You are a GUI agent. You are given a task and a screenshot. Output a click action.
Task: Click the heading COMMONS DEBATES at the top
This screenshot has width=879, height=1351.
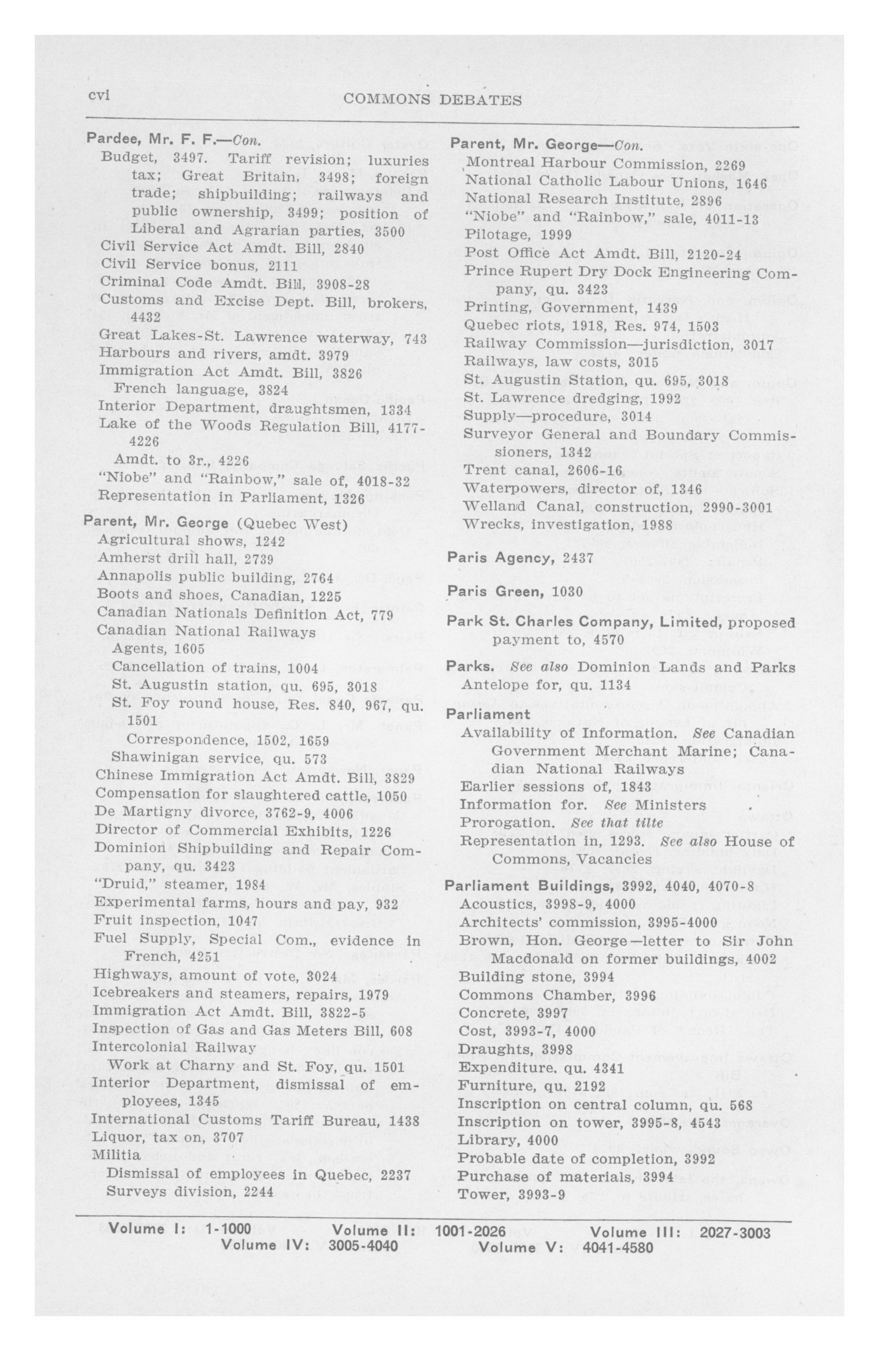tap(433, 100)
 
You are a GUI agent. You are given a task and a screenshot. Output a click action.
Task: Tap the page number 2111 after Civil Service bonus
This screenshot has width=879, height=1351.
tap(283, 265)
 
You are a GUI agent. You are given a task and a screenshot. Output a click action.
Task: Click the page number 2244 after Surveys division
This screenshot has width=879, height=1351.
tap(258, 1190)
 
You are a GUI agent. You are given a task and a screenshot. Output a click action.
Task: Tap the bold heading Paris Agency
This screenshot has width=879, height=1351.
tap(500, 558)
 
